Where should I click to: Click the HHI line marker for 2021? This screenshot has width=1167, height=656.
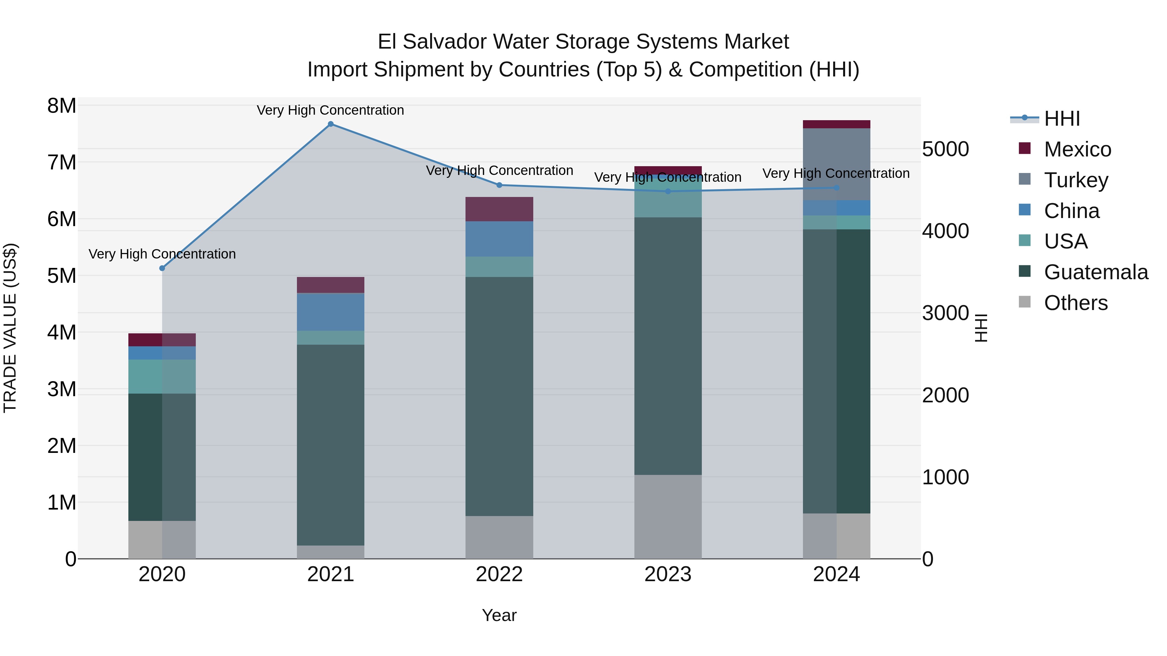[331, 124]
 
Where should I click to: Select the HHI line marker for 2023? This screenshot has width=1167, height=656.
[668, 191]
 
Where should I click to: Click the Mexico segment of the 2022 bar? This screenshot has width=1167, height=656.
[499, 209]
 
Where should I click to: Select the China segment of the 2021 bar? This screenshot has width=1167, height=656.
[331, 312]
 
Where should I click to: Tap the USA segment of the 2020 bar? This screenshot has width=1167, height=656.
[162, 377]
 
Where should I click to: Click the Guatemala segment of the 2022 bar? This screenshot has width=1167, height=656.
[499, 396]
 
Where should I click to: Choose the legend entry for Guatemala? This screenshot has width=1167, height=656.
[1095, 272]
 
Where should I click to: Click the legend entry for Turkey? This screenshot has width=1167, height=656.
[1076, 180]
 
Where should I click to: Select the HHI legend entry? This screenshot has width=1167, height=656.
[1061, 119]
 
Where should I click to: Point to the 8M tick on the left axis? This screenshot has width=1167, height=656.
[62, 106]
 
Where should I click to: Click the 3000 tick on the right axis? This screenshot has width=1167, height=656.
[946, 313]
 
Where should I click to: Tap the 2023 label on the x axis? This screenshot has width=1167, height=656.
[668, 574]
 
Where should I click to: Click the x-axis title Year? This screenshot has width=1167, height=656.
[499, 615]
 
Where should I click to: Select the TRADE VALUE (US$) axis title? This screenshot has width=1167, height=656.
[10, 328]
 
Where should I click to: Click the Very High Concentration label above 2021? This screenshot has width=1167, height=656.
[330, 110]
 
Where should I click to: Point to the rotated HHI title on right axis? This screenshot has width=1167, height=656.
[981, 328]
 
